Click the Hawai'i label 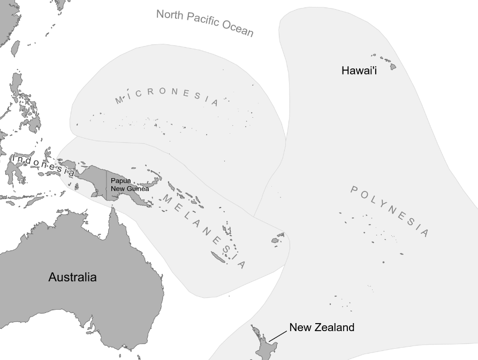tap(359, 71)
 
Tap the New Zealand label tap(321, 327)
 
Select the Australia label tap(72, 277)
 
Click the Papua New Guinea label tap(130, 185)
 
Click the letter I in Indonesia tap(14, 159)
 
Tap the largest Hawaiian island tap(393, 67)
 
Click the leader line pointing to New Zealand tap(278, 335)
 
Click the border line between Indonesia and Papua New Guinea tap(106, 185)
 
